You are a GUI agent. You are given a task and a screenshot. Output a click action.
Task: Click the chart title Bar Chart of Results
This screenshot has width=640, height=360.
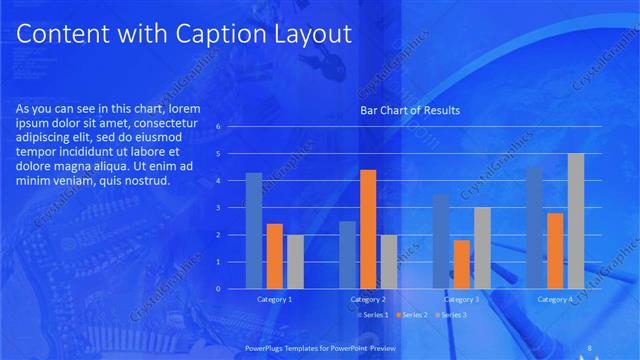point(410,111)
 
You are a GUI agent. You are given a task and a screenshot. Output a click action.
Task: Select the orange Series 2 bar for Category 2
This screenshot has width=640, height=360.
point(367,229)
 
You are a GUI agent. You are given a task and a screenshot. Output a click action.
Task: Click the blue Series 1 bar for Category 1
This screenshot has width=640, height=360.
point(254,231)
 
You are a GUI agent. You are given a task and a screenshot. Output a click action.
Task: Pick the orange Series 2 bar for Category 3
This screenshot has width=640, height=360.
point(461,264)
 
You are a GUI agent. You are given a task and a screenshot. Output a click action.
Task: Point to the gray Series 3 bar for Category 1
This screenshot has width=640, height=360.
point(295,262)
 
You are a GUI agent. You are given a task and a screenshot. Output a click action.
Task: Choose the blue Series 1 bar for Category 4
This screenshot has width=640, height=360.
point(534,228)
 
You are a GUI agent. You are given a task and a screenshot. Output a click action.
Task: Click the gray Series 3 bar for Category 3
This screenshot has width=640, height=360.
point(482,248)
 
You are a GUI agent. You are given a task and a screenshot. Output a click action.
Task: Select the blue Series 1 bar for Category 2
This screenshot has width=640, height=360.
point(347,255)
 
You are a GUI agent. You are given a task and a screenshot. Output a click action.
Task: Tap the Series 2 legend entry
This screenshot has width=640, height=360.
point(410,315)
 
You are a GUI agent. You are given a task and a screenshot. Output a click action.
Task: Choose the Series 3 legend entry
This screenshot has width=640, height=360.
point(450,315)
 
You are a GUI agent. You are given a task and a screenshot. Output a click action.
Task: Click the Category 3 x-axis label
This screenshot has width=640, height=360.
point(461,300)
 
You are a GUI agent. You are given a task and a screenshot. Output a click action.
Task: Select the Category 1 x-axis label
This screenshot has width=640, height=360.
point(274,300)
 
